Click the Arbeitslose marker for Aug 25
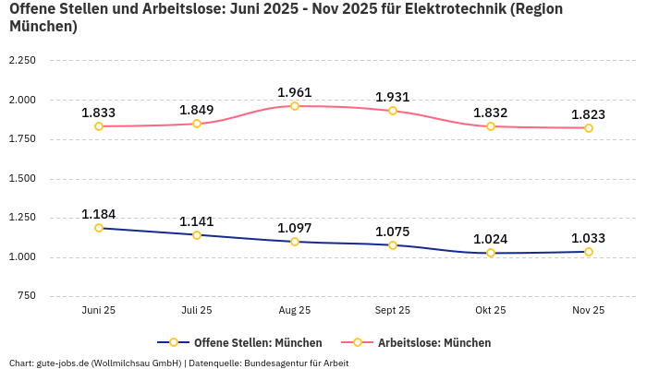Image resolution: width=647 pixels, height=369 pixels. tap(295, 106)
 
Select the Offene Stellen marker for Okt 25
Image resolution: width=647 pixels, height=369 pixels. tap(491, 253)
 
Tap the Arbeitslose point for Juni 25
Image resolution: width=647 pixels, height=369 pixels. tap(99, 126)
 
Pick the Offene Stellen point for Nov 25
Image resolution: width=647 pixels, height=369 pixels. tap(589, 252)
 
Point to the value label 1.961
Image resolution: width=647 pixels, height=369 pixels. tap(295, 92)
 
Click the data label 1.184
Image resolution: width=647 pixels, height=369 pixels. tap(99, 214)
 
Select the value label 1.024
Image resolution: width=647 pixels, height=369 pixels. tap(491, 239)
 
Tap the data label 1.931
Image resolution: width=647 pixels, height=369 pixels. tap(393, 97)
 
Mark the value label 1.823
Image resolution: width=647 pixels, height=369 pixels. tap(589, 114)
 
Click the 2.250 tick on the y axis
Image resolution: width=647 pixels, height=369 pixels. tap(22, 61)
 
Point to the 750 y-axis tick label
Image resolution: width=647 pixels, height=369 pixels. tap(27, 296)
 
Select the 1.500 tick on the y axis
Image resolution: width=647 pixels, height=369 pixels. tap(22, 178)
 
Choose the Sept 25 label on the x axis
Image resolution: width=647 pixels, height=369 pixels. tap(393, 311)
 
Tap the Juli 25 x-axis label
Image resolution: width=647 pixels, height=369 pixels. tap(197, 311)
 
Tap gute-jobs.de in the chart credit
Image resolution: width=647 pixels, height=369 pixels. tap(63, 363)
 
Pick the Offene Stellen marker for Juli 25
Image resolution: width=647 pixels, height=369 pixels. tap(197, 235)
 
